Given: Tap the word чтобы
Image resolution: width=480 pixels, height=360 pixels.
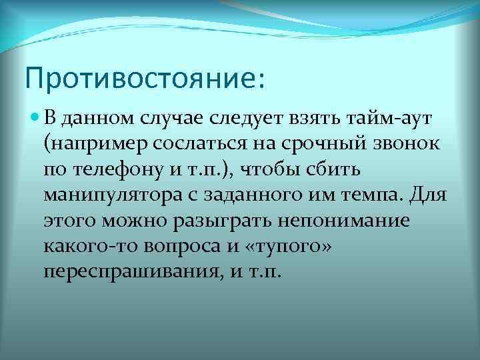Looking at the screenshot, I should tap(297, 170).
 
